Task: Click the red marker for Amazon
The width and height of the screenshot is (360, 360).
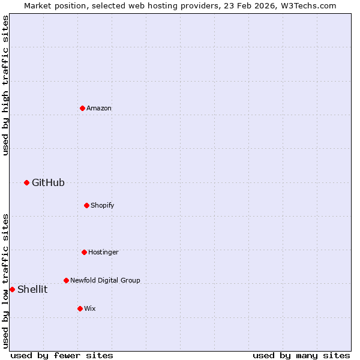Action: tap(82, 108)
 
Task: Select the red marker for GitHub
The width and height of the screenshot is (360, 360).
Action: tap(26, 182)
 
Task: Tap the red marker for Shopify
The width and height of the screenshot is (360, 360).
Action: tap(86, 205)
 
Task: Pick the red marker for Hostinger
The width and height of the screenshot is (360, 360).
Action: tap(84, 252)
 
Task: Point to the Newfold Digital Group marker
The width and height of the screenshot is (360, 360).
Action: tap(66, 280)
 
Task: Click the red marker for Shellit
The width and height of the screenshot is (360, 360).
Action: tap(12, 289)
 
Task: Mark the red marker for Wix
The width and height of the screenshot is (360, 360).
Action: tap(80, 308)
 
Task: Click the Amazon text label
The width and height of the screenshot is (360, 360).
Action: tap(99, 108)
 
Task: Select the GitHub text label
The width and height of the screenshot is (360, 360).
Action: tap(48, 182)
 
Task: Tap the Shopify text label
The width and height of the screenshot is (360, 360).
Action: tap(103, 205)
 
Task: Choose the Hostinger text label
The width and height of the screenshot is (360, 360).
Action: tap(103, 252)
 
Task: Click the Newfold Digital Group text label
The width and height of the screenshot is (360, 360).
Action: tap(105, 280)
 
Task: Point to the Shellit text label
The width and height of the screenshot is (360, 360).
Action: tap(32, 289)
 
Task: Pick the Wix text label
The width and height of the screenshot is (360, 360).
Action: tap(90, 308)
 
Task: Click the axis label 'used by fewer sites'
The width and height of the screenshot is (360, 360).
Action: tap(62, 355)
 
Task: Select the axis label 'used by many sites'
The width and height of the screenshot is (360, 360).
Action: tap(301, 355)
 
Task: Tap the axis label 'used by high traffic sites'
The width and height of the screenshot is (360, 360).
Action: tap(5, 85)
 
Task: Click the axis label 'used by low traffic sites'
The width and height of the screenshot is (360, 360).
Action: tap(5, 280)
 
